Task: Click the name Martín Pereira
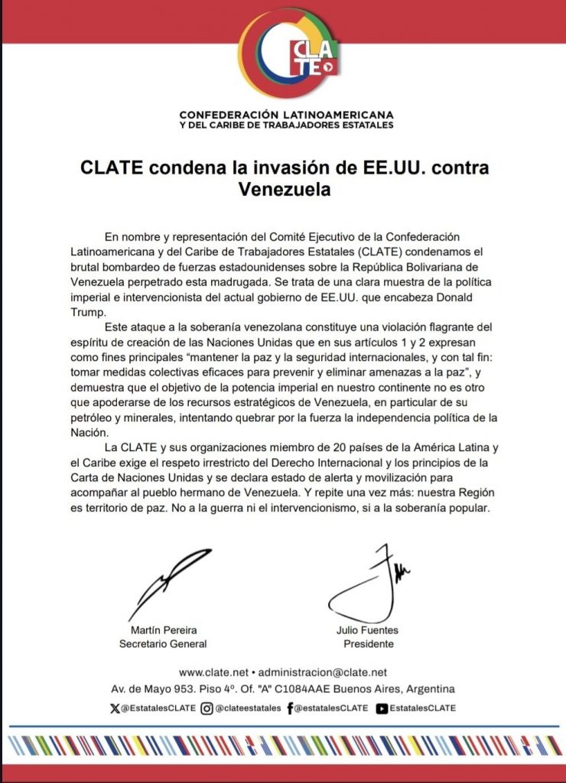coord(163,630)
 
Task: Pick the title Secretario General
coord(163,644)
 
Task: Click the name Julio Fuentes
coord(367,630)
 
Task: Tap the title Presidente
coord(368,644)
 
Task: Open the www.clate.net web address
coord(213,672)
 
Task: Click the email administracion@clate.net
coord(323,672)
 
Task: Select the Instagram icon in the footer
coord(207,708)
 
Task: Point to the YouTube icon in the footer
coord(382,708)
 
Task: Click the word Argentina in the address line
coord(429,689)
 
